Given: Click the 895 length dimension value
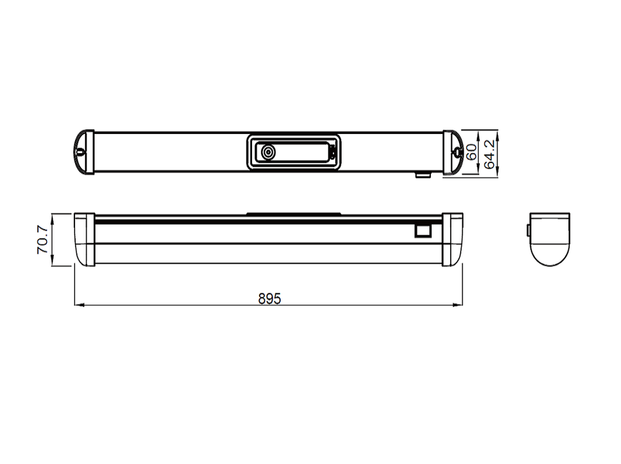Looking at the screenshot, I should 270,298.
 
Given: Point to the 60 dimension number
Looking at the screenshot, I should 473,153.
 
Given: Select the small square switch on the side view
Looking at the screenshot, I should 423,230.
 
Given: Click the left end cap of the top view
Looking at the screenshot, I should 83,153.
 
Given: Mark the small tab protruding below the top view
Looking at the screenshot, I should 423,175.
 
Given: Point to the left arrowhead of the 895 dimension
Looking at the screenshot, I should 77,305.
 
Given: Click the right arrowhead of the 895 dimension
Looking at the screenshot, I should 460,305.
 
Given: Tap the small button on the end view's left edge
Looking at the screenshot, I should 528,230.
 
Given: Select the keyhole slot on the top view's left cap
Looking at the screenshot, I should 81,151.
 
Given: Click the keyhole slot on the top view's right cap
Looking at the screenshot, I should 458,151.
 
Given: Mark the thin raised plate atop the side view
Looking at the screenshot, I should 294,214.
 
